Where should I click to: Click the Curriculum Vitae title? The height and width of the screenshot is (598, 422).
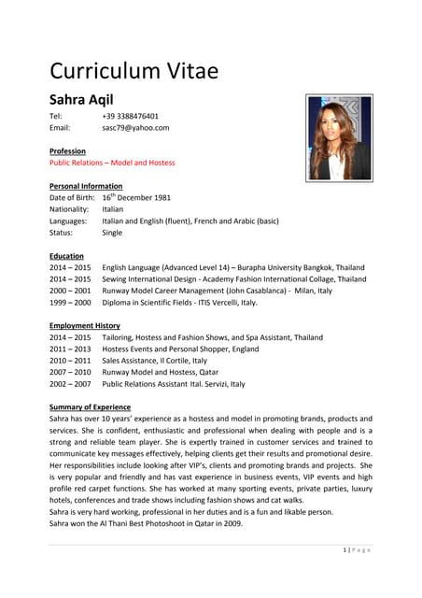134,71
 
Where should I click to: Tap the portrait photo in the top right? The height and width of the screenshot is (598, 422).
339,137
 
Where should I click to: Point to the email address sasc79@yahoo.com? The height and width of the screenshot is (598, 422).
135,127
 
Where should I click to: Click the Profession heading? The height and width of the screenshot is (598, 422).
67,150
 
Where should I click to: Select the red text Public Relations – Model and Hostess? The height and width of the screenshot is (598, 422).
112,163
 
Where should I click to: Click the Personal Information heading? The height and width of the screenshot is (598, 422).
85,186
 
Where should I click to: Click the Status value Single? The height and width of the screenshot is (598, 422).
112,233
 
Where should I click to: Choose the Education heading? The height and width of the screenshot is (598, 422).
66,256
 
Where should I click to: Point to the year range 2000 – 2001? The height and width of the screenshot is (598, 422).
70,291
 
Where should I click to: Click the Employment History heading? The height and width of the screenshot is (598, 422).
84,325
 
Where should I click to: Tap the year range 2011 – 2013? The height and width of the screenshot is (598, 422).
70,349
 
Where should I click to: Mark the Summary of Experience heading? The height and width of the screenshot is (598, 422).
90,407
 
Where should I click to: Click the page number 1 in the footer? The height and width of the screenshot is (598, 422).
345,549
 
